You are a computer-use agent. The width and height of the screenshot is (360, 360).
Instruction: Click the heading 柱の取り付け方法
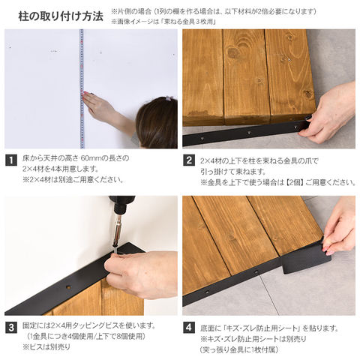pos(61,16)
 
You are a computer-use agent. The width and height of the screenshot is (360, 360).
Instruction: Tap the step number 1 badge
pos(11,160)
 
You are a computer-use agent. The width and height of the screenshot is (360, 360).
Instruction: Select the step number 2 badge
pos(189,160)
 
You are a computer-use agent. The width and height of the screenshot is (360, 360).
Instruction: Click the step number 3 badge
pos(11,328)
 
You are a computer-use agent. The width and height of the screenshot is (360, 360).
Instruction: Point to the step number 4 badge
pos(189,328)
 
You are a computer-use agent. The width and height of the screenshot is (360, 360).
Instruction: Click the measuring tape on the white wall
pos(82,88)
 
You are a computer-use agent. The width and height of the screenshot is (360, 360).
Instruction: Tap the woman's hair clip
pos(169,98)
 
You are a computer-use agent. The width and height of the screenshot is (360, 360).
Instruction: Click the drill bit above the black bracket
pos(117,235)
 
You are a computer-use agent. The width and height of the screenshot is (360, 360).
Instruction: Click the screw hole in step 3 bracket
pos(67,286)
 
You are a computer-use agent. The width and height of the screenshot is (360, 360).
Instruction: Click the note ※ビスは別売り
pos(46,347)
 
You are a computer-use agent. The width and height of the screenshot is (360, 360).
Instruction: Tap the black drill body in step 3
pos(121,205)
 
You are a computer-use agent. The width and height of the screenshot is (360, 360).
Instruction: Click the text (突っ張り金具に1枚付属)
pos(239,349)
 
